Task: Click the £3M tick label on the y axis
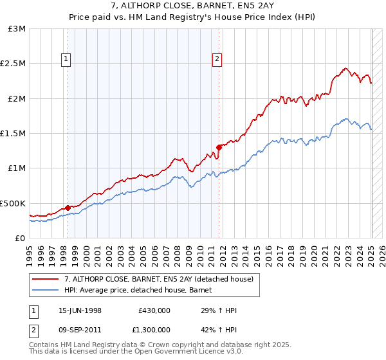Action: pyautogui.click(x=17, y=29)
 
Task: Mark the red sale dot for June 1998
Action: pyautogui.click(x=68, y=208)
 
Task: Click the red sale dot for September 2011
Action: pyautogui.click(x=219, y=147)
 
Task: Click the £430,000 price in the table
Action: pyautogui.click(x=154, y=310)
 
